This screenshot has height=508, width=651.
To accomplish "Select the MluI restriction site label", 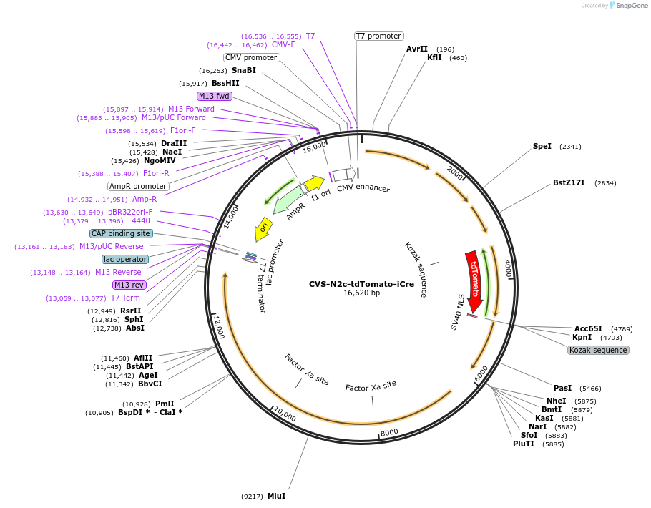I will click(x=277, y=496).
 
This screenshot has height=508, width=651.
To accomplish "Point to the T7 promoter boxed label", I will click(x=378, y=36).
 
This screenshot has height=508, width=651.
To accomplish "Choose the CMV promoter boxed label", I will click(x=250, y=57).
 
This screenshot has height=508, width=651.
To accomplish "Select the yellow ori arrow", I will click(x=263, y=229).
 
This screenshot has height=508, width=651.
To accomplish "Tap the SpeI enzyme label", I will click(x=542, y=146).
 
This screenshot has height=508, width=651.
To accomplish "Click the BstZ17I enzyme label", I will click(x=569, y=182).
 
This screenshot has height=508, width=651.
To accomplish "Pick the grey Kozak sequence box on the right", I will click(x=598, y=350).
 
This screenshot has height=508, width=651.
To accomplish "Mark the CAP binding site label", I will click(x=121, y=233).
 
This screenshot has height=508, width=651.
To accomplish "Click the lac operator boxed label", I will click(x=124, y=259).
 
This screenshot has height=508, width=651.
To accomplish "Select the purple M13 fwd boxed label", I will click(x=215, y=96).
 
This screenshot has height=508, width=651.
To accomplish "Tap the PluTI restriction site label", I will click(x=524, y=444).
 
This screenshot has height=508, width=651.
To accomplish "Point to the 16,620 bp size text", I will click(x=361, y=293).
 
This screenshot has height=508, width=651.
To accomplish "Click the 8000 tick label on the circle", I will click(x=388, y=433).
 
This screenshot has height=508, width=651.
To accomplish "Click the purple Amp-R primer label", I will click(x=144, y=199).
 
